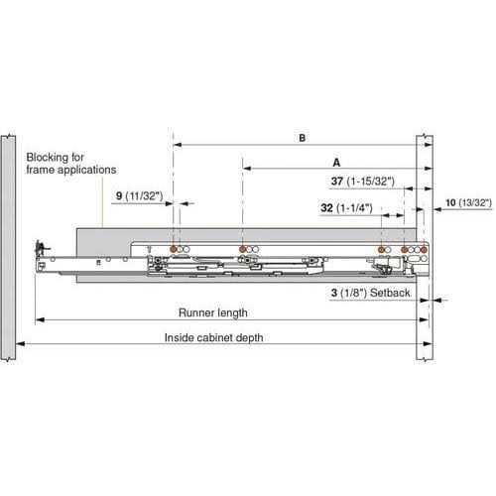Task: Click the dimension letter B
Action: pos(302,138)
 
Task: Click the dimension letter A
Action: pos(336,163)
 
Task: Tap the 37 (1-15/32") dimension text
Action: pos(363,182)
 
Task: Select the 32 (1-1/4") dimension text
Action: pos(346,208)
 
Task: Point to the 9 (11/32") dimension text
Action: pos(140,196)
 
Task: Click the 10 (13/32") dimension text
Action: pos(468,202)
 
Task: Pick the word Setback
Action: pos(390,293)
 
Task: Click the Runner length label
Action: pos(213,312)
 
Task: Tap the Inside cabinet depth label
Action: pos(214,337)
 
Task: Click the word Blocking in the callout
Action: pos(55,158)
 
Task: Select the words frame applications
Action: pos(71,170)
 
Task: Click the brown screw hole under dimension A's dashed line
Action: pos(243,249)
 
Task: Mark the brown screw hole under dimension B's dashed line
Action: pos(173,249)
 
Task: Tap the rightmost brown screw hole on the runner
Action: pos(424,250)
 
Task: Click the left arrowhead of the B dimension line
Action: pos(178,145)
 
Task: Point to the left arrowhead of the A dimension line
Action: pos(247,169)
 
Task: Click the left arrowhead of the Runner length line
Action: pos(40,319)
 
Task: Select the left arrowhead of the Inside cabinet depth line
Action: pos(20,344)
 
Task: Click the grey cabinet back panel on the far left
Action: pos(8,247)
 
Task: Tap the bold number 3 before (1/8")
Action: pos(334,293)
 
